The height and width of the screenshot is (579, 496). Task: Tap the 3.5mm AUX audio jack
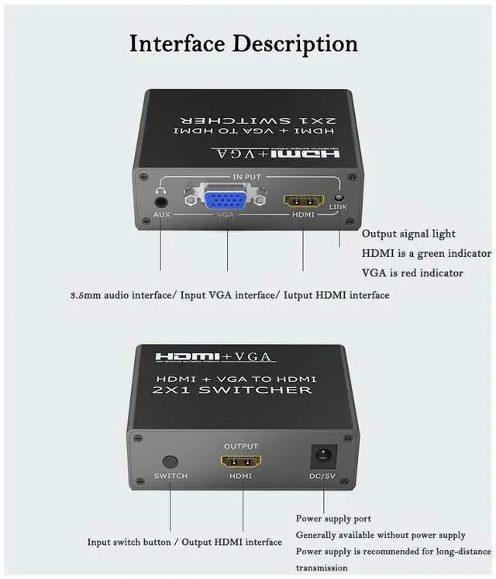162,199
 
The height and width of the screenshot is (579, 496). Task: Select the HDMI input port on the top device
303,199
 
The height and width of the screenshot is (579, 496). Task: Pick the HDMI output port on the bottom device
241,462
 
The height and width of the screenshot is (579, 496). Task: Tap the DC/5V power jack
322,457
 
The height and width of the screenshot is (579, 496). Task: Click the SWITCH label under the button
170,476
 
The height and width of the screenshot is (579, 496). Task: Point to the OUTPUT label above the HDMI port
241,446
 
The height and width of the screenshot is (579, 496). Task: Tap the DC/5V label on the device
323,476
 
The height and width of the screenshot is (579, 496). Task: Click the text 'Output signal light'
408,234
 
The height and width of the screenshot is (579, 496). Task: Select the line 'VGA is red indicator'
412,273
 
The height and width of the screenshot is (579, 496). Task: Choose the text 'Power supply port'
333,518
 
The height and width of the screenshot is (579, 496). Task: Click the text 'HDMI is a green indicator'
426,254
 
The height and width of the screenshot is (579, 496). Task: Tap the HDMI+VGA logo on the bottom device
215,357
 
